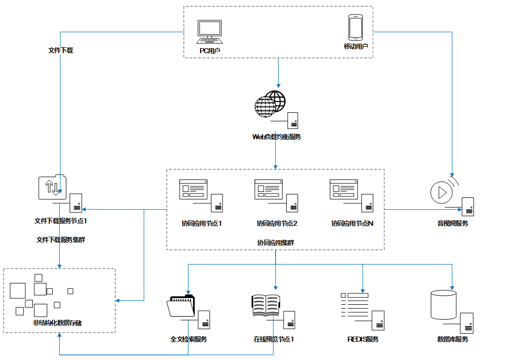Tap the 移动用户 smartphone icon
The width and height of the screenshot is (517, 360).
(355, 28)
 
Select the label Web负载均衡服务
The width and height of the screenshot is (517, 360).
(277, 137)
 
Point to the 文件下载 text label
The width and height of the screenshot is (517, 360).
(61, 50)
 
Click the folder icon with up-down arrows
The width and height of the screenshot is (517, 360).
(52, 187)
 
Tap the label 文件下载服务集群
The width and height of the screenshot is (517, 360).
(61, 240)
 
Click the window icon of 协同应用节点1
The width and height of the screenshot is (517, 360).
(194, 189)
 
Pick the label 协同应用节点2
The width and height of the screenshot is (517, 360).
(277, 224)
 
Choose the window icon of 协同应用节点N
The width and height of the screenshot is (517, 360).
(344, 189)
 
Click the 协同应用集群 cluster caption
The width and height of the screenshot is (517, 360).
(276, 243)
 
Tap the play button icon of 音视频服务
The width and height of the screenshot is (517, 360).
(440, 191)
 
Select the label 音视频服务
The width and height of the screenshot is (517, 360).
(453, 224)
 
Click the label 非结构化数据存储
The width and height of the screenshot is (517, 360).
(57, 323)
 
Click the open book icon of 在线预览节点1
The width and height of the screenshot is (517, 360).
(266, 305)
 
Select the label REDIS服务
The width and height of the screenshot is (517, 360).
(363, 339)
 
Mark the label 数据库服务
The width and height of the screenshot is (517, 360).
(453, 339)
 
